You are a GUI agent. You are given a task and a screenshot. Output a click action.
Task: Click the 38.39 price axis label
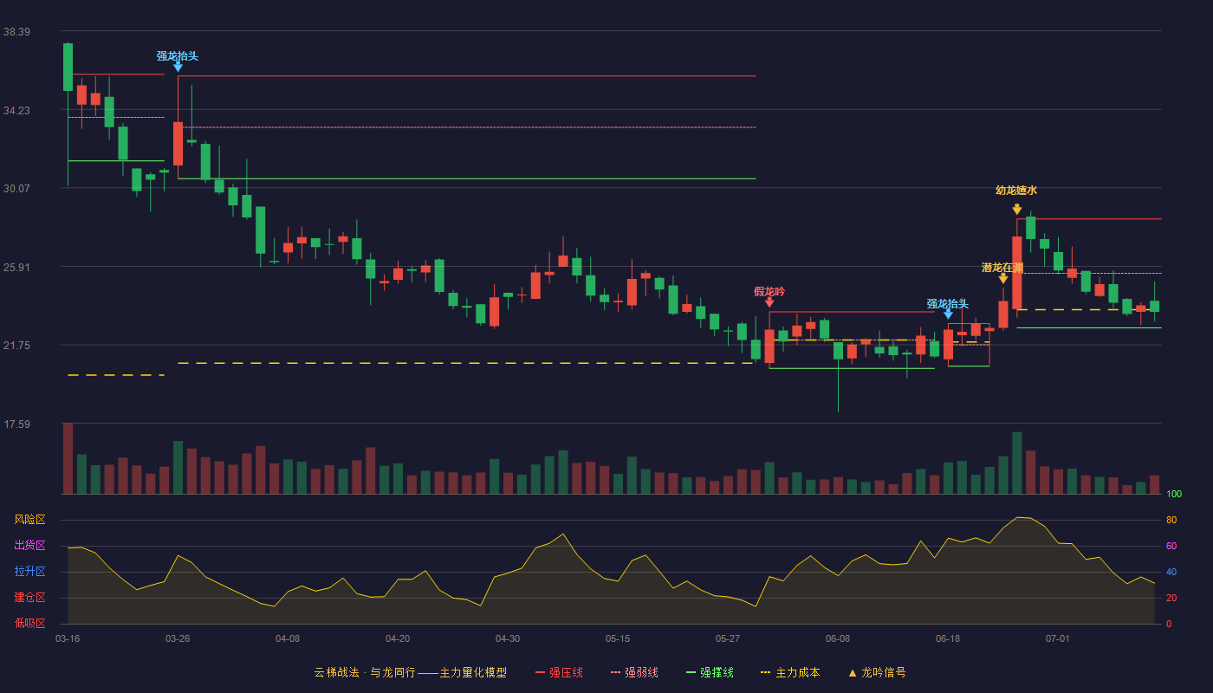[x=16, y=32]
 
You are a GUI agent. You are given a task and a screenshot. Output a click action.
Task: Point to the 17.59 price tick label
[x=16, y=424]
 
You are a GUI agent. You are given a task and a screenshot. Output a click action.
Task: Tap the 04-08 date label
[x=288, y=639]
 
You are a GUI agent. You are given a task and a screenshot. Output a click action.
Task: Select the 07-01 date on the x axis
[x=1058, y=639]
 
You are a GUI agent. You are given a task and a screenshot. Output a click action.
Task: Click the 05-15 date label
[x=618, y=639]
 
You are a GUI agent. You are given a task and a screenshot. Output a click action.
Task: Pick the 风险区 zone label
[x=29, y=520]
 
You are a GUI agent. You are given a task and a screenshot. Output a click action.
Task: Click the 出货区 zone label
[x=29, y=545]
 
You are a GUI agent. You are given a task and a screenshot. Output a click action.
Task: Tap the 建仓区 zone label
[x=29, y=598]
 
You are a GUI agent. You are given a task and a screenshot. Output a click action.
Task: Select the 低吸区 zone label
[x=29, y=624]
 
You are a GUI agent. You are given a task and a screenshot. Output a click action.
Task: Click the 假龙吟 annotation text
[x=769, y=292]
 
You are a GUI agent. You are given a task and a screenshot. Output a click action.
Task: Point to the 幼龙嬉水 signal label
[x=1016, y=191]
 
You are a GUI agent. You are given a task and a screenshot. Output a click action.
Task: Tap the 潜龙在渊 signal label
[x=1002, y=268]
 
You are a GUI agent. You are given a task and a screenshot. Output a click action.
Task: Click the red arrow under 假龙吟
[x=769, y=302]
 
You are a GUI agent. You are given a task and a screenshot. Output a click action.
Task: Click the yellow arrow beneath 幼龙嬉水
[x=1017, y=209]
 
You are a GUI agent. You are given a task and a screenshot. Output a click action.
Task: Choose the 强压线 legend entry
[x=559, y=673]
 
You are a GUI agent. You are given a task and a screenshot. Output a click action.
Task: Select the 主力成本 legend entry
[x=790, y=673]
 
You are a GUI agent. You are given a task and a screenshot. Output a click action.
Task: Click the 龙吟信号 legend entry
[x=877, y=673]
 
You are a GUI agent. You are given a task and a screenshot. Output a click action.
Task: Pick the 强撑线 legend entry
[x=710, y=673]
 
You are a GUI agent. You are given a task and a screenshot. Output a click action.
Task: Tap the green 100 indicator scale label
[x=1174, y=495]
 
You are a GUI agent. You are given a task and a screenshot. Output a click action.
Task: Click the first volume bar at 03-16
[x=68, y=458]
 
